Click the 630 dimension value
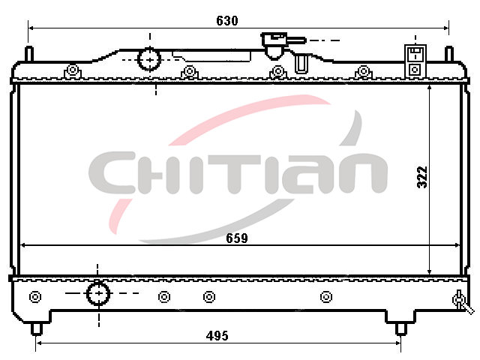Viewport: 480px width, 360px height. coord(226,20)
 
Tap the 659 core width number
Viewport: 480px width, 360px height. coord(237,238)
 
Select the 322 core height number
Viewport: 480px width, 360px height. coord(422,177)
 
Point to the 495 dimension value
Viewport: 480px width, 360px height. coord(217,336)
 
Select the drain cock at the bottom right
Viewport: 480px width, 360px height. coord(462,301)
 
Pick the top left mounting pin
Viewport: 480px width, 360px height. coord(29,54)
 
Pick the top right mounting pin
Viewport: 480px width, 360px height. coord(448,54)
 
